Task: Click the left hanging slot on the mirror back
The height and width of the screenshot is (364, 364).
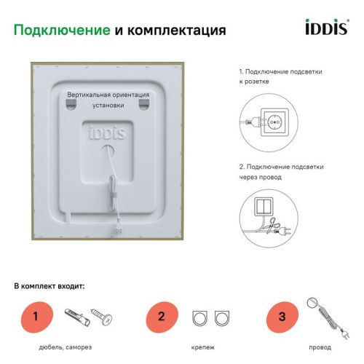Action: [71, 105]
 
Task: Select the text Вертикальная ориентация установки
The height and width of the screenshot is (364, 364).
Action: [108, 99]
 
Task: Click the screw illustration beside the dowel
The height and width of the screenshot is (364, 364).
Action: [100, 317]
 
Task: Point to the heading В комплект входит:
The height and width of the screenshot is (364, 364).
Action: [50, 285]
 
